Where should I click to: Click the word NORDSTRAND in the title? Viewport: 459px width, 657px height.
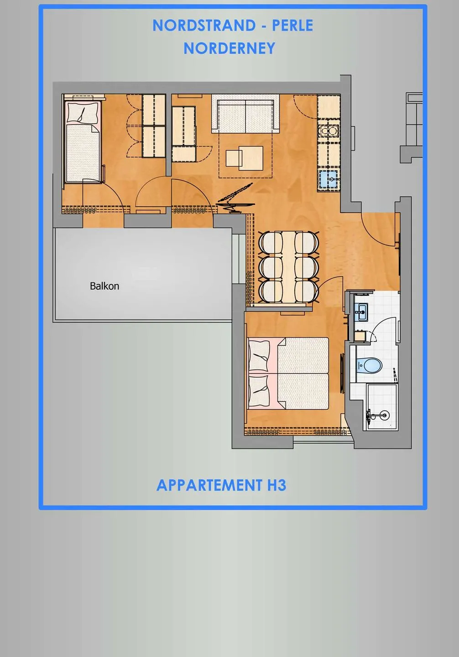coord(204,26)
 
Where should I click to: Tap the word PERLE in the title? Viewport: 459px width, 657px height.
coord(292,26)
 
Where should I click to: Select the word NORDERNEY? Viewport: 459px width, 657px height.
coord(229,48)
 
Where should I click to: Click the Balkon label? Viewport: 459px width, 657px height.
coord(104,286)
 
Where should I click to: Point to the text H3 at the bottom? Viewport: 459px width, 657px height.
coord(276,485)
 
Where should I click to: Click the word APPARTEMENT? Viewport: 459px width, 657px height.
coord(209,485)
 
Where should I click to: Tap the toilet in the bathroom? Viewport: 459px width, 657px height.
coord(369,365)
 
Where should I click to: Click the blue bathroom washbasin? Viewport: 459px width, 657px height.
coord(362,312)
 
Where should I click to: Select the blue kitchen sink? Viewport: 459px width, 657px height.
coord(329,179)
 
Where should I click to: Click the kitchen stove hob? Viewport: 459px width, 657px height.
coord(329,131)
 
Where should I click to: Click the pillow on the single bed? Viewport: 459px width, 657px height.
coord(83,112)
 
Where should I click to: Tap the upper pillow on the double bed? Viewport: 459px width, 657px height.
coord(259,356)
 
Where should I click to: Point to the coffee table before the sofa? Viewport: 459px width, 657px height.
coord(244,158)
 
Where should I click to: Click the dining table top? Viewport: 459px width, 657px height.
coord(289,267)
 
